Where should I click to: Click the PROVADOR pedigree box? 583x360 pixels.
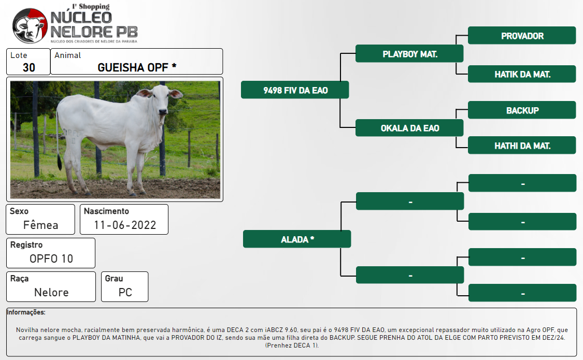tap(522, 36)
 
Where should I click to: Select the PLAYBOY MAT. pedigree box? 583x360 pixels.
tap(409, 53)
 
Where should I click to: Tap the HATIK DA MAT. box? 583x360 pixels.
tap(522, 74)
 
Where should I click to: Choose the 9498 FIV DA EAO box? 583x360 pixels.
tap(295, 90)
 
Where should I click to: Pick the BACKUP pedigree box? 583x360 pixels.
tap(522, 110)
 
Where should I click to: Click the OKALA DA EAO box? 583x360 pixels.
tap(409, 128)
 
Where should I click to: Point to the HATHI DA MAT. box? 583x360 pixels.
tap(522, 145)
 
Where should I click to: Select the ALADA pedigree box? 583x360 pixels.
tap(297, 239)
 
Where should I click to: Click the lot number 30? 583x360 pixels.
tap(29, 68)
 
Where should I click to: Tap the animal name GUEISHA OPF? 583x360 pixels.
tap(133, 67)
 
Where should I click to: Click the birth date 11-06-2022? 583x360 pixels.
tap(125, 225)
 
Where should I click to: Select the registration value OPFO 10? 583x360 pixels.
tap(51, 258)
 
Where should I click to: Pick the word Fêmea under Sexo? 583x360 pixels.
tap(40, 225)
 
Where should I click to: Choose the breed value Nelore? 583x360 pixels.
tap(51, 292)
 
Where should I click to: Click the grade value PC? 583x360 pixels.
tap(125, 292)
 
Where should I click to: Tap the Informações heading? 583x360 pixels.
tap(26, 312)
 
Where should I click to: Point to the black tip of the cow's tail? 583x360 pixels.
tap(60, 162)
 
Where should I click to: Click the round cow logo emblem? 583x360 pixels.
tap(30, 26)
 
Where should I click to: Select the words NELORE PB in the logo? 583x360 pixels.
tap(94, 32)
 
